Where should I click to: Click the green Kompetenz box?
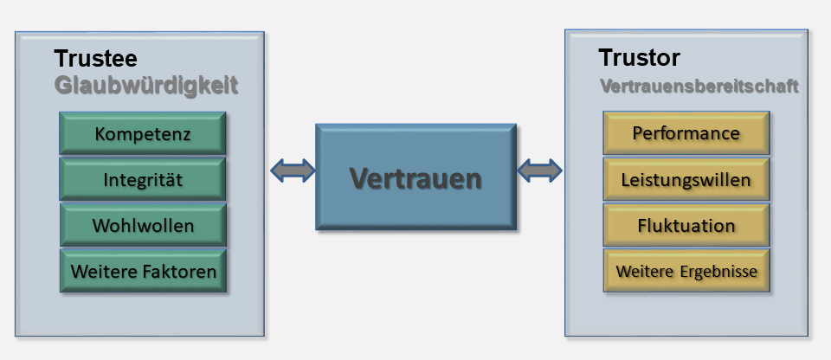pyautogui.click(x=143, y=134)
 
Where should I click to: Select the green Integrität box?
pyautogui.click(x=143, y=179)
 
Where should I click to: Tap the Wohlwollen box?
pyautogui.click(x=143, y=225)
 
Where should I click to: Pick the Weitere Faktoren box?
pyautogui.click(x=143, y=271)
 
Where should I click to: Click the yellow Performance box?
pyautogui.click(x=686, y=133)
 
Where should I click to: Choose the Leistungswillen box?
pyautogui.click(x=686, y=180)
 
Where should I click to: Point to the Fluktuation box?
pyautogui.click(x=686, y=226)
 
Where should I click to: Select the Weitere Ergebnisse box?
pyautogui.click(x=686, y=271)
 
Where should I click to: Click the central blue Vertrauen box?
pyautogui.click(x=415, y=178)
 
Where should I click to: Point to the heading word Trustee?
pyautogui.click(x=95, y=59)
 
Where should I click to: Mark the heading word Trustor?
pyautogui.click(x=639, y=58)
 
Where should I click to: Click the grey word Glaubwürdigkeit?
pyautogui.click(x=145, y=86)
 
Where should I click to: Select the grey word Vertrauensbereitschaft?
pyautogui.click(x=699, y=87)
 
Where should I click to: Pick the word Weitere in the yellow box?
pyautogui.click(x=643, y=271)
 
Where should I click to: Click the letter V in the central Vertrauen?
pyautogui.click(x=359, y=178)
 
